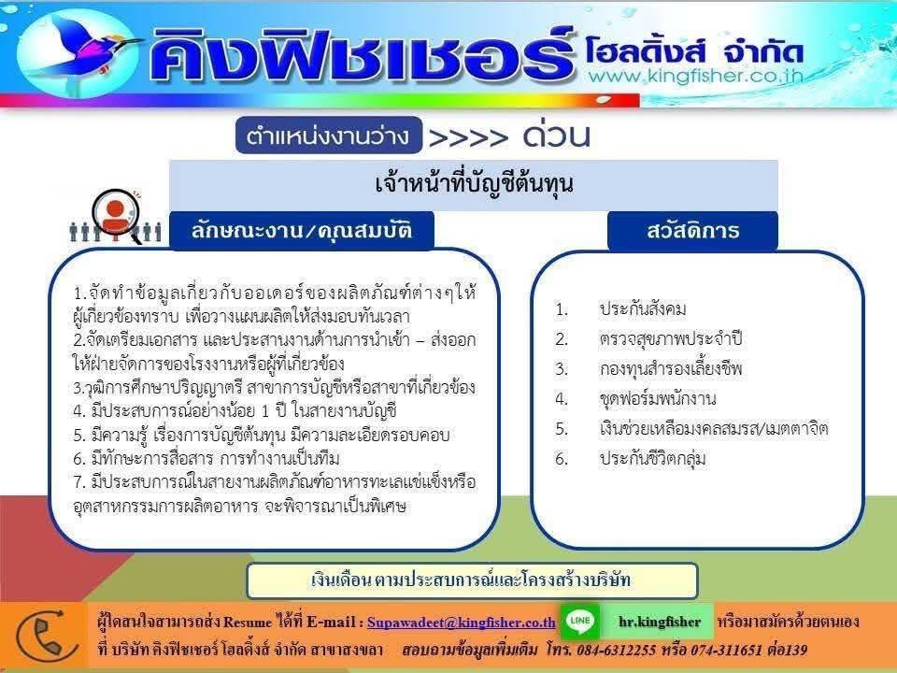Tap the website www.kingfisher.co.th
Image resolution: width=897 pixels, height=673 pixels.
point(695,76)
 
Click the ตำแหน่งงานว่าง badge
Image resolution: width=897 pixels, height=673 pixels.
point(328,136)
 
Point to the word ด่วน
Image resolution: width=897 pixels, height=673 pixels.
point(556,135)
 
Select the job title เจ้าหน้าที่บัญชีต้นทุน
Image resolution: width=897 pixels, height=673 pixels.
point(474,184)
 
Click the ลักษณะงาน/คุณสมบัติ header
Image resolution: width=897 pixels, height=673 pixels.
point(302,231)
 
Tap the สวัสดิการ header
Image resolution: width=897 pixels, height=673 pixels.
point(692,231)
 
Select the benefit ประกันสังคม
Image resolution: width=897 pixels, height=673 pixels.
point(643,309)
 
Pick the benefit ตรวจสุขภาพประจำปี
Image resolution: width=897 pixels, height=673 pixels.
point(671,338)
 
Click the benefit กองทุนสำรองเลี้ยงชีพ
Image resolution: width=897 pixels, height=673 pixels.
point(671,368)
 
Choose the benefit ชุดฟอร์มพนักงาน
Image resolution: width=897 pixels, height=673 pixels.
point(658,398)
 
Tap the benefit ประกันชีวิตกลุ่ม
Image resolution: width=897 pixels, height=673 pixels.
point(653,458)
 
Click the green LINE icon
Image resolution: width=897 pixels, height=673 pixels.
point(580,621)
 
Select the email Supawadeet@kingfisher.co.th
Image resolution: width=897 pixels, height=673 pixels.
point(461,623)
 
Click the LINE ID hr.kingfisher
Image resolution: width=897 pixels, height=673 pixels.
point(660,622)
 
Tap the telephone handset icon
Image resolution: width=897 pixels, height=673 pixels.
point(46,637)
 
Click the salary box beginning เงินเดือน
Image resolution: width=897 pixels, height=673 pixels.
point(472,580)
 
